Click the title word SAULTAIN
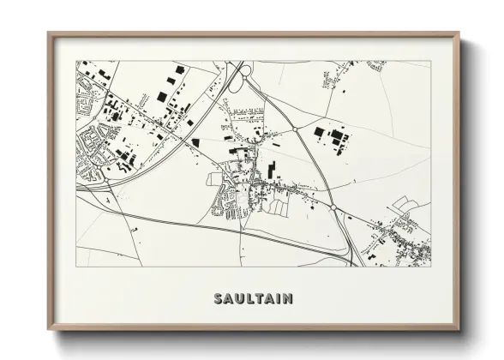pos(251,298)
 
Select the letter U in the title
pos(236,298)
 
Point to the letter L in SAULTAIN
pos(247,298)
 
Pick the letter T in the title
pos(257,298)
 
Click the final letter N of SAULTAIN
pos(288,298)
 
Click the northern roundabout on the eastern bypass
pos(297,128)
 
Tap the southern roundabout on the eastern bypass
pos(333,207)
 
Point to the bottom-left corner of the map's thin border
pos(77,267)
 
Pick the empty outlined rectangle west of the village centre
pos(216,178)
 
